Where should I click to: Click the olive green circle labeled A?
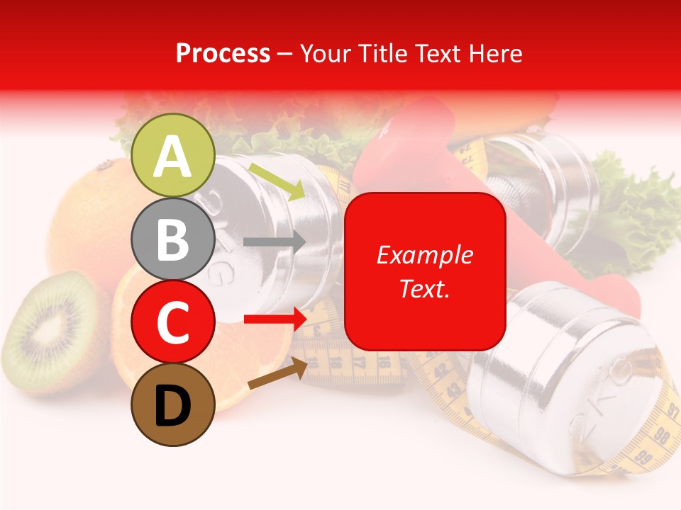(172, 156)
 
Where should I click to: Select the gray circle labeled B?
(172, 239)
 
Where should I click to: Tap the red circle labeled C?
(172, 322)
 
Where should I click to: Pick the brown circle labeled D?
(172, 404)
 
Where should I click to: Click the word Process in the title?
(223, 53)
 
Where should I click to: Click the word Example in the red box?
(424, 255)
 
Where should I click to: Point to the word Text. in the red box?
(424, 288)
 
